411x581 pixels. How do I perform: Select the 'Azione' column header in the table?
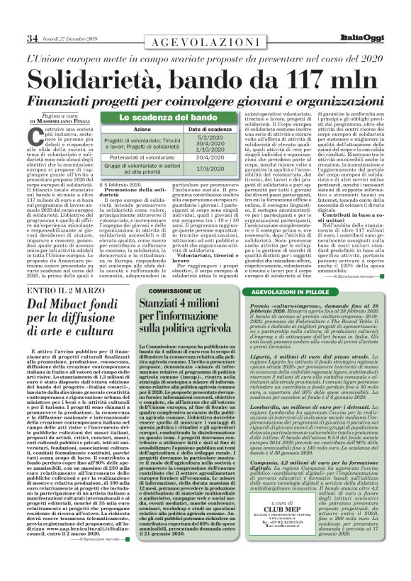point(142,130)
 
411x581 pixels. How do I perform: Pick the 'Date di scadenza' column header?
point(195,130)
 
